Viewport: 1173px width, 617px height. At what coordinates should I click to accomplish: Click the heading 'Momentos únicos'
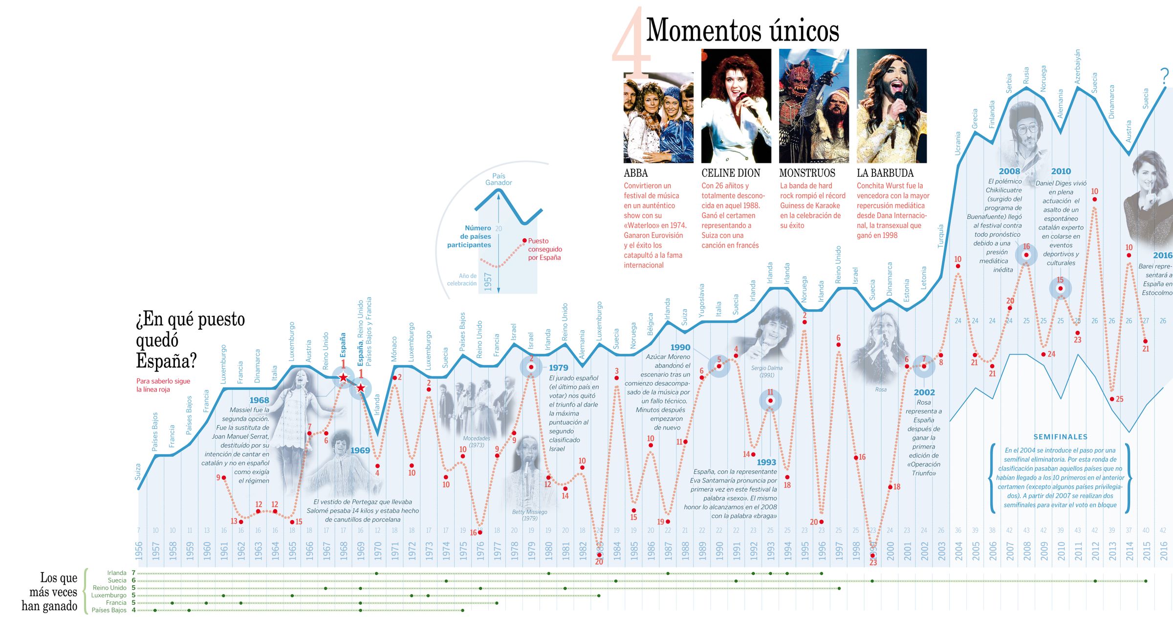(x=742, y=30)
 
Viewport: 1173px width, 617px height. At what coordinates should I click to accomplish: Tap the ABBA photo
(x=658, y=117)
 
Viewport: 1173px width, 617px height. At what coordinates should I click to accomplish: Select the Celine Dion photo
(x=736, y=106)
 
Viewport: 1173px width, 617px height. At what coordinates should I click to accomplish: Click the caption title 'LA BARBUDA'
(x=885, y=173)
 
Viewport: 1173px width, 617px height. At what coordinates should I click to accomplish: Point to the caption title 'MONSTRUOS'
(x=807, y=173)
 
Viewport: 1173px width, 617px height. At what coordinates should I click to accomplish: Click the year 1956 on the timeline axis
(x=139, y=550)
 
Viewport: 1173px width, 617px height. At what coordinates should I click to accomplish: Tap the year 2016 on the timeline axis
(x=1163, y=550)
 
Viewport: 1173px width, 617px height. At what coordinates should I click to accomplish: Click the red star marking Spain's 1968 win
(x=343, y=377)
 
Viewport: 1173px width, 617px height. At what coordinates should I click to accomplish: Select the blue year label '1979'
(x=558, y=368)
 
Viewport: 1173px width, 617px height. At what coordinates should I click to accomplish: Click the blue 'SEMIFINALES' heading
(x=1060, y=437)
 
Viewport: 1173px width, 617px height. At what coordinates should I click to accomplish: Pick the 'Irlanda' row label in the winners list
(x=117, y=573)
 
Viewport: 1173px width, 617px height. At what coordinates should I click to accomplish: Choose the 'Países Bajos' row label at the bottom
(x=109, y=610)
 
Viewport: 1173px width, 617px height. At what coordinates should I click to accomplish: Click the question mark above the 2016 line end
(x=1165, y=76)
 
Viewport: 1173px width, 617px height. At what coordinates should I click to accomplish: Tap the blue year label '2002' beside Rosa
(x=924, y=392)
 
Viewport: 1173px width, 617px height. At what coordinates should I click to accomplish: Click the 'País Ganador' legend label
(x=499, y=180)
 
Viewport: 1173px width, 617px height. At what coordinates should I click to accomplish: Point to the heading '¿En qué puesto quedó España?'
(x=191, y=340)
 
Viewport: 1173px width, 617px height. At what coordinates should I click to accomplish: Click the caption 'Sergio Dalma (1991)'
(x=766, y=371)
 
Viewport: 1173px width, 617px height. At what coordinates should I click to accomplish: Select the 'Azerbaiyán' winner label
(x=1077, y=66)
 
